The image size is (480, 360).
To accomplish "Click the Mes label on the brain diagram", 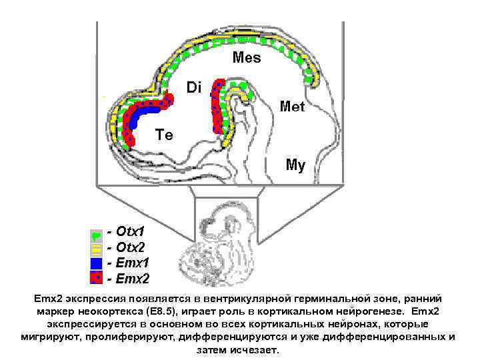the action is pyautogui.click(x=247, y=58).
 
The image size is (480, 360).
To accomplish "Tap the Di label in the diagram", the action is pyautogui.click(x=193, y=87).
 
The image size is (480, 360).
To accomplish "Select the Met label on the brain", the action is pyautogui.click(x=293, y=106).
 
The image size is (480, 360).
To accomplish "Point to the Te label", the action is pyautogui.click(x=164, y=135).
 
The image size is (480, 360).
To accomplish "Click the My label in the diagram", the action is pyautogui.click(x=295, y=165).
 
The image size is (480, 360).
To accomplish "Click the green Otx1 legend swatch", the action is pyautogui.click(x=97, y=235).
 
